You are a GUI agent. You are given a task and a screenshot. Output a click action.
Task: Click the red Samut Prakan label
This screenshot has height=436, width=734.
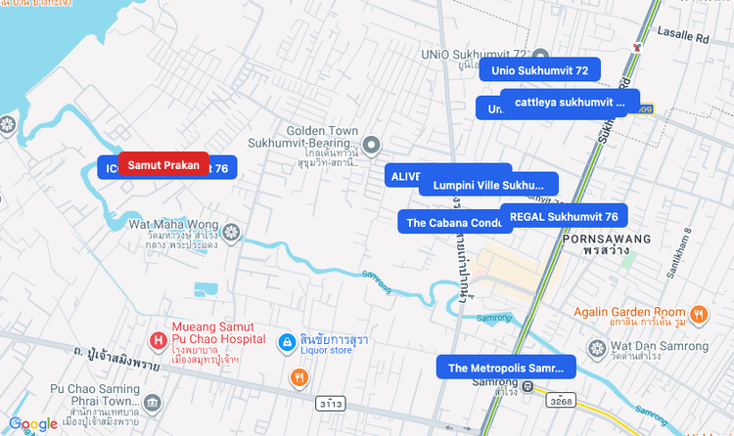pyautogui.click(x=163, y=165)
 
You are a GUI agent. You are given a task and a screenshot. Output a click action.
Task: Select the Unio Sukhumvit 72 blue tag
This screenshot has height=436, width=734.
pyautogui.click(x=539, y=70)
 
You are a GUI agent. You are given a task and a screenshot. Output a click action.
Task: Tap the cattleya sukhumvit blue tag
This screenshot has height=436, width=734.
pyautogui.click(x=570, y=102)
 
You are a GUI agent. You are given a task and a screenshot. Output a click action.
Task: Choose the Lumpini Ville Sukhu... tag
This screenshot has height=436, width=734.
pyautogui.click(x=488, y=184)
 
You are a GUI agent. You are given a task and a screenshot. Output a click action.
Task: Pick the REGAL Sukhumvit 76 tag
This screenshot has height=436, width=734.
pyautogui.click(x=564, y=216)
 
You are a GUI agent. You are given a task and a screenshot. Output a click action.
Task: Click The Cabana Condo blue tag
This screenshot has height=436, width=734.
pyautogui.click(x=454, y=222)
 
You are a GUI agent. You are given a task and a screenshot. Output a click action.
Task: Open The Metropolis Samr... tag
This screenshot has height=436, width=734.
pyautogui.click(x=506, y=368)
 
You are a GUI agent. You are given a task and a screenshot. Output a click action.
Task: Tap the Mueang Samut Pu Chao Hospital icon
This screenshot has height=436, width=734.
pyautogui.click(x=158, y=340)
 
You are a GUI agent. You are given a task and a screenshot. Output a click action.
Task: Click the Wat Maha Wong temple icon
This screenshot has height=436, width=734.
pyautogui.click(x=231, y=232)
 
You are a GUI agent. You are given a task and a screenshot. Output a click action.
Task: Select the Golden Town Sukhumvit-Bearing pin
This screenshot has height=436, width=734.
pyautogui.click(x=370, y=142)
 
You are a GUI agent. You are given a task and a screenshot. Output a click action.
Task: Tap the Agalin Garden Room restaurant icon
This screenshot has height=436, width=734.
pyautogui.click(x=698, y=314)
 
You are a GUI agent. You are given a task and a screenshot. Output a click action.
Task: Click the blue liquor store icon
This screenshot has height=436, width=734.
pyautogui.click(x=287, y=342)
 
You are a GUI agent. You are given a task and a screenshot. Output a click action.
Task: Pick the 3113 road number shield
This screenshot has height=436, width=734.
pyautogui.click(x=330, y=403)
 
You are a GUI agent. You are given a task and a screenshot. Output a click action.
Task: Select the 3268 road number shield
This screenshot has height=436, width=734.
pyautogui.click(x=561, y=401)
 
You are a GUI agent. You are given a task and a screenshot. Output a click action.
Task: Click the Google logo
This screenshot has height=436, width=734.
pyautogui.click(x=33, y=423)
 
